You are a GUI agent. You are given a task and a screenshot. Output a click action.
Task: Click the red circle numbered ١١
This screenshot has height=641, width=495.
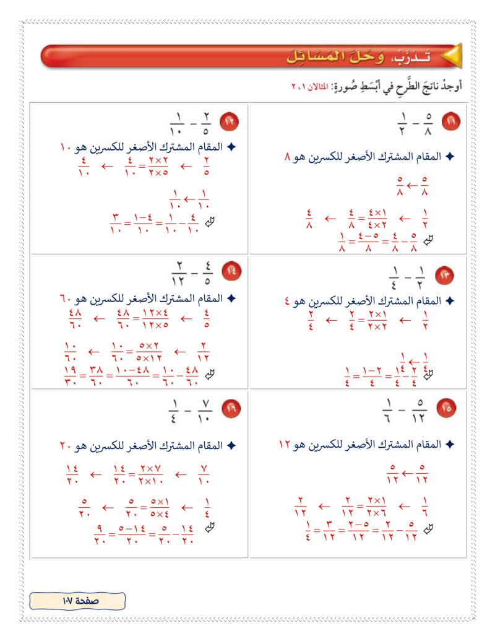pyautogui.click(x=450, y=123)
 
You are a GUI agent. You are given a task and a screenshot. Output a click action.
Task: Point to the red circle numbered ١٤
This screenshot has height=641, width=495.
pyautogui.click(x=231, y=271)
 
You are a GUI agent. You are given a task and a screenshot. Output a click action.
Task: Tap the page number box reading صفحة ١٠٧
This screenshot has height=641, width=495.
pyautogui.click(x=77, y=600)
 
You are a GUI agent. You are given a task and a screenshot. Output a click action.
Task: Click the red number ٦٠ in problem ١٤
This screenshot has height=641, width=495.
pyautogui.click(x=67, y=299)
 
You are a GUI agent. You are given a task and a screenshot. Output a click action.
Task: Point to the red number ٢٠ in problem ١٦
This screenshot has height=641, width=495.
pyautogui.click(x=67, y=445)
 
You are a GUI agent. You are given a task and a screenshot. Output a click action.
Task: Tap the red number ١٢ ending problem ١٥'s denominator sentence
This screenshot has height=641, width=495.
pyautogui.click(x=283, y=445)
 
